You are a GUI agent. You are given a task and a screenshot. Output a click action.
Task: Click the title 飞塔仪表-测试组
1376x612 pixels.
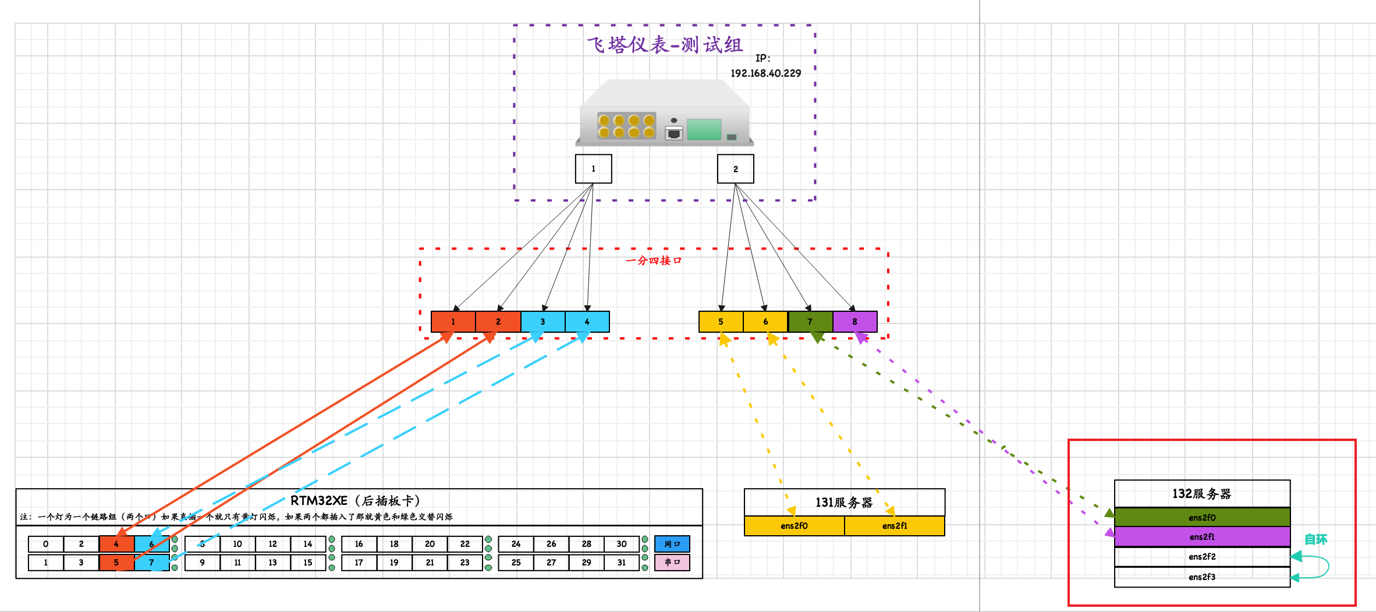(664, 45)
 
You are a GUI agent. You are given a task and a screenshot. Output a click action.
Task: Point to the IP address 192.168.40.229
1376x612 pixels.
(765, 73)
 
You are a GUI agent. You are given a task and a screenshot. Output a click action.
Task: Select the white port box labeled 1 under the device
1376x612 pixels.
(593, 169)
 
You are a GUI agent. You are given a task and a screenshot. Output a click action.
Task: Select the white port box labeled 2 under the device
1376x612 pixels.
(735, 169)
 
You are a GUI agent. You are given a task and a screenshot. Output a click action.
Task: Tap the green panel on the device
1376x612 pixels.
(704, 129)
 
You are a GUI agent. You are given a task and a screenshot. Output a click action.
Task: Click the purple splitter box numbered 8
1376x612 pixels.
(854, 322)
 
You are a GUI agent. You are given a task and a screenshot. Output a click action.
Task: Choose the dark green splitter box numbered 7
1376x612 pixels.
(810, 322)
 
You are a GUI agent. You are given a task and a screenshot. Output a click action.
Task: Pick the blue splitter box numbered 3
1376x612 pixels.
(542, 322)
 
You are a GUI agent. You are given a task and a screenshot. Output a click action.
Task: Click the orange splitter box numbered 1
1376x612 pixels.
(453, 322)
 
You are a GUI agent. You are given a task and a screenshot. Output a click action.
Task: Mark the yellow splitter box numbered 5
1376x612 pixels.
(721, 322)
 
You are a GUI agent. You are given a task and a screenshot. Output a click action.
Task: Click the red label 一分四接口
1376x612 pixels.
(653, 261)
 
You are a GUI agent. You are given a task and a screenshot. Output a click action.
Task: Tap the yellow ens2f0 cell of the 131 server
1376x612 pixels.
(794, 526)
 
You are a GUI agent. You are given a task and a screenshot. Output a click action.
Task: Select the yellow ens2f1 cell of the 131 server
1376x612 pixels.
(894, 526)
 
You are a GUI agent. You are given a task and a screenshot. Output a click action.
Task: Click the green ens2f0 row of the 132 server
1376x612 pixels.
(1202, 517)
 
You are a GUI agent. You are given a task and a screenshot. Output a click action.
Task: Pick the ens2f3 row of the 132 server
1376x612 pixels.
(1202, 577)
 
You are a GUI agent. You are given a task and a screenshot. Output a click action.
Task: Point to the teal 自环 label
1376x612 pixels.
(1315, 539)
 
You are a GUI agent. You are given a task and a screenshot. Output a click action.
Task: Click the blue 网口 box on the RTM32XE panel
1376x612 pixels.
(672, 544)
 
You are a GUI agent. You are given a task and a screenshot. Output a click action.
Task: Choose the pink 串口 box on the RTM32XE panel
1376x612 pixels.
(672, 563)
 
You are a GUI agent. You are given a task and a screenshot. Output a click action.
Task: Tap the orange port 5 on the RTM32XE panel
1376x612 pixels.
(116, 563)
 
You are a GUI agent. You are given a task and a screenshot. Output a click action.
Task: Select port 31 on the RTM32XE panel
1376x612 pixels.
(622, 563)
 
